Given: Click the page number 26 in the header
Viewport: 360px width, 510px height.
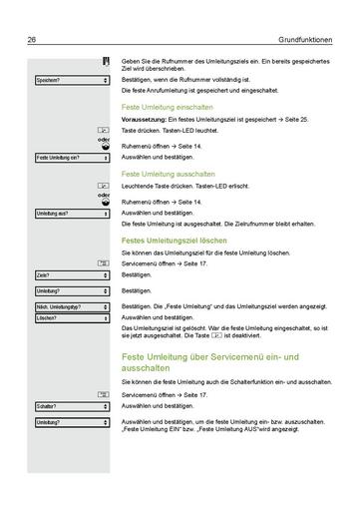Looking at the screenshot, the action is click(33, 39).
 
